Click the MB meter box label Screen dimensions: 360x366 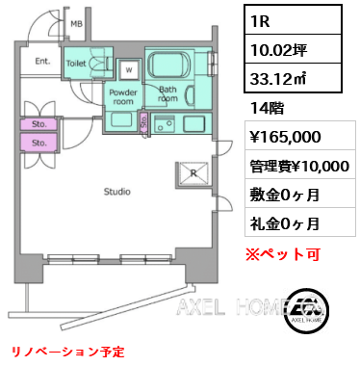point(76,23)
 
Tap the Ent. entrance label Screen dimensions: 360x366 point(42,61)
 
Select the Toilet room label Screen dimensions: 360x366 point(76,64)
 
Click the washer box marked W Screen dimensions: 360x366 point(129,69)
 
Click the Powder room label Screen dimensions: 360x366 point(123,96)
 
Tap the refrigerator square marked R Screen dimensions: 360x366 point(193,173)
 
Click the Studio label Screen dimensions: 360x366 point(117,192)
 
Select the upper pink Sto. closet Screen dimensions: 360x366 point(39,124)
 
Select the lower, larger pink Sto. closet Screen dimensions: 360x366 point(39,143)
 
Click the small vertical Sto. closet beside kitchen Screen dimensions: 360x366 point(144,122)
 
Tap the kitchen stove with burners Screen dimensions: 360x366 point(164,123)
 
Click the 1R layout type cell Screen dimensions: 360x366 point(293,20)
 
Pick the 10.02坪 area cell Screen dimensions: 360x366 point(293,49)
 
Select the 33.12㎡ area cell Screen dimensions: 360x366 point(293,78)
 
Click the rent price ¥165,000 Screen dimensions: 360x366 point(286,136)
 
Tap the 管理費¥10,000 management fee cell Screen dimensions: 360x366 point(300,165)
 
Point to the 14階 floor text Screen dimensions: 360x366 point(267,108)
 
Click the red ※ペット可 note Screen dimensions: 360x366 point(283,254)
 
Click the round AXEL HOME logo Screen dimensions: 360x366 point(306,309)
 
